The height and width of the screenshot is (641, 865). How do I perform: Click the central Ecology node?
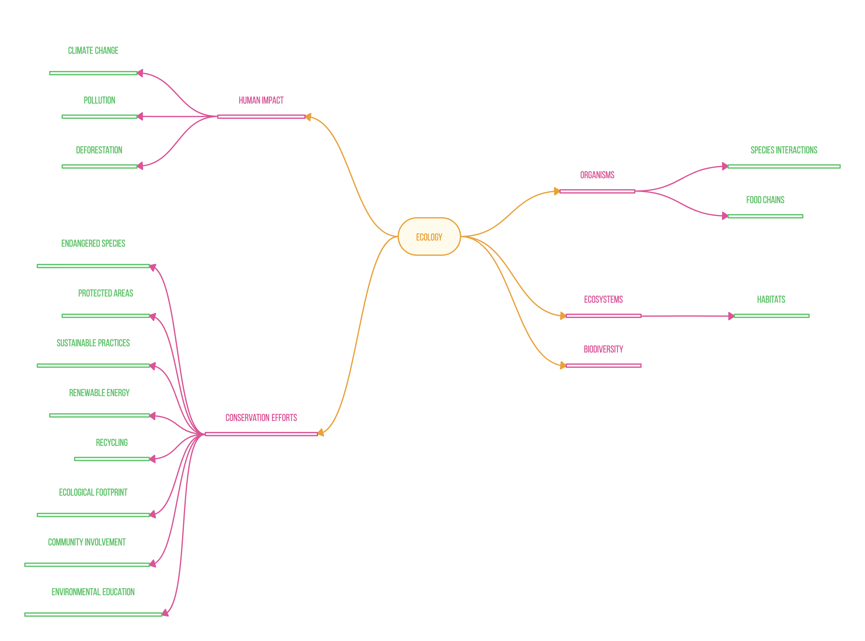click(429, 237)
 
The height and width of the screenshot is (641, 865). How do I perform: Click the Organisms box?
click(597, 175)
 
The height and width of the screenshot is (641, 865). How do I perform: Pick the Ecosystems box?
click(603, 299)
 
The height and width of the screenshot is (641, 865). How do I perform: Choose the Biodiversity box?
click(603, 349)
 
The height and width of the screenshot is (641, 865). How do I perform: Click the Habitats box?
click(771, 299)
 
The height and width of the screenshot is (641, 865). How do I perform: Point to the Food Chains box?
click(765, 199)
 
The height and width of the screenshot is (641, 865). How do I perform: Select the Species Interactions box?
click(783, 150)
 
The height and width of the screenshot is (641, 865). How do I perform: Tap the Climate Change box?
click(93, 50)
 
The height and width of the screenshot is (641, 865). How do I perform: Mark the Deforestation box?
click(99, 150)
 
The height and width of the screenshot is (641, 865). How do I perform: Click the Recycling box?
click(112, 442)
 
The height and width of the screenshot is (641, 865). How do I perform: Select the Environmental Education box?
click(93, 592)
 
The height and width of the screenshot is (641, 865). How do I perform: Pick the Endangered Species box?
click(93, 243)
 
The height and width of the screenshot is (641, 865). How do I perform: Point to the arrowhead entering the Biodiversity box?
click(563, 365)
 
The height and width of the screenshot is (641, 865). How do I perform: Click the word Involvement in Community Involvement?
click(105, 542)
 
